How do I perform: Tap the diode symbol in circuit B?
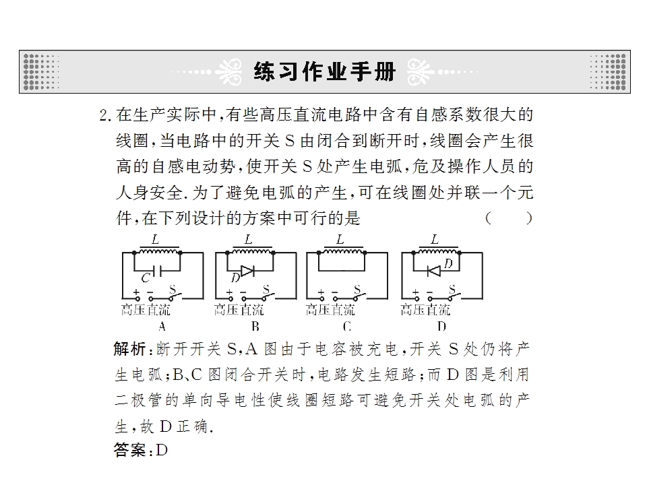(x=247, y=271)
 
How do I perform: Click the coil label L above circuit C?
(x=340, y=239)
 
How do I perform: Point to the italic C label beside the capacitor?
(x=146, y=278)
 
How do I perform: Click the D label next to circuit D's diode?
(x=448, y=263)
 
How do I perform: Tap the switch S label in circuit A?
(x=173, y=289)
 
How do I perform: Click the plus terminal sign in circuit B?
(x=229, y=292)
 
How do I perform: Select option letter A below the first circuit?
(x=162, y=327)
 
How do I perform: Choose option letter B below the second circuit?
(x=255, y=327)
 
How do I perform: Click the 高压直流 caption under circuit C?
(x=330, y=310)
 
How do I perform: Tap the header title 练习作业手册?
(x=325, y=72)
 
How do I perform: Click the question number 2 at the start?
(x=103, y=115)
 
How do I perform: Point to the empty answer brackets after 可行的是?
(x=509, y=218)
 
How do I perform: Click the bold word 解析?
(x=129, y=349)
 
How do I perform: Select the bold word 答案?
(x=129, y=450)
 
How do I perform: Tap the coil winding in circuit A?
(x=159, y=251)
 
